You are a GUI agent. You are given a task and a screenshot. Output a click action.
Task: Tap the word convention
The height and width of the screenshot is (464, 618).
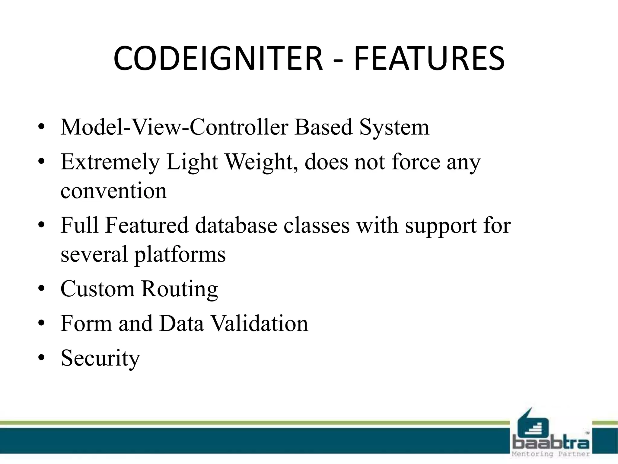pos(113,191)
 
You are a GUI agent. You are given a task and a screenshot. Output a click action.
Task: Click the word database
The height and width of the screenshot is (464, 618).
pos(236,225)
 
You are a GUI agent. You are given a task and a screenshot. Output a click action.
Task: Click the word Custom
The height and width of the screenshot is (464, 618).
pos(97,289)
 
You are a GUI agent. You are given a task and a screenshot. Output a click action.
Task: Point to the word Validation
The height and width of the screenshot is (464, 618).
pos(259,324)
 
